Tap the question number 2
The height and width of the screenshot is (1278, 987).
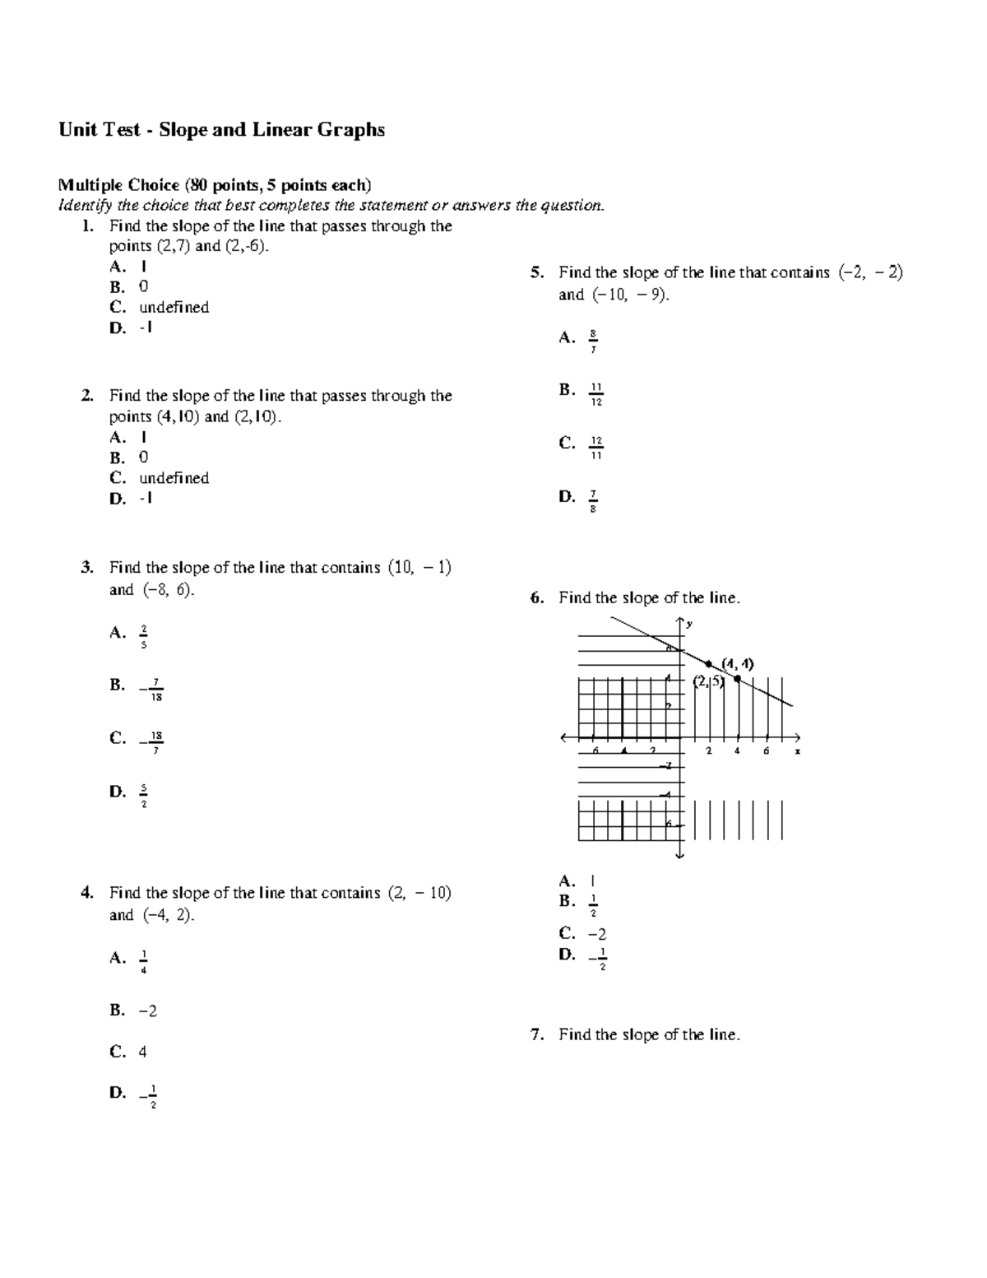(x=86, y=396)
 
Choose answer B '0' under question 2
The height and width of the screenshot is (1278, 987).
(x=143, y=458)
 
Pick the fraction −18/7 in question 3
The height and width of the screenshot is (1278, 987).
(x=153, y=741)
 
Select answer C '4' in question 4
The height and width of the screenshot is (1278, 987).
(x=143, y=1052)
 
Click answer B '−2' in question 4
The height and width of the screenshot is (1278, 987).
(x=148, y=1011)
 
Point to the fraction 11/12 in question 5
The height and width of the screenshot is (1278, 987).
(x=595, y=394)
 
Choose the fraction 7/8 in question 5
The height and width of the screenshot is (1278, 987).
(x=593, y=500)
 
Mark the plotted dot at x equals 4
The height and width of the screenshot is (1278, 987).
(x=737, y=679)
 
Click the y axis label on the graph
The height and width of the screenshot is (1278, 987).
(x=689, y=624)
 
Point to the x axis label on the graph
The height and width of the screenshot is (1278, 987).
(x=797, y=751)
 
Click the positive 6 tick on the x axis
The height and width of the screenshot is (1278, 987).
(x=766, y=751)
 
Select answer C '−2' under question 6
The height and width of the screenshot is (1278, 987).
(x=597, y=934)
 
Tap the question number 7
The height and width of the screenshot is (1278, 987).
(x=536, y=1035)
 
